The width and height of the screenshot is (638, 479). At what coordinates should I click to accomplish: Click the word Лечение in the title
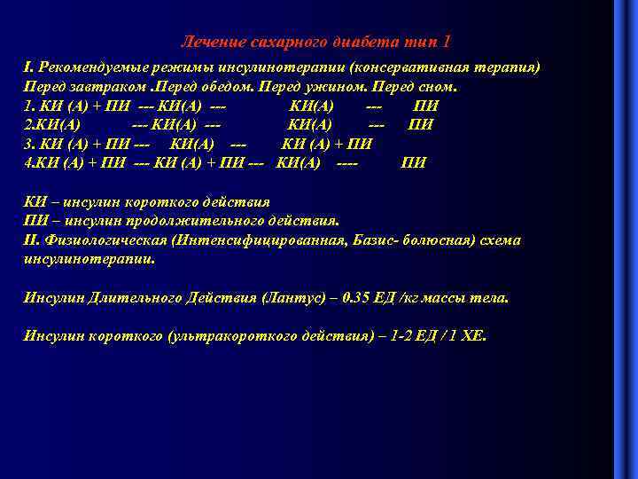click(207, 43)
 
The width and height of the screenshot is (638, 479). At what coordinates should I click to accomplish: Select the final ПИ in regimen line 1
click(426, 106)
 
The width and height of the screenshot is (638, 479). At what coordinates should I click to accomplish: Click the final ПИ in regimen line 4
click(414, 162)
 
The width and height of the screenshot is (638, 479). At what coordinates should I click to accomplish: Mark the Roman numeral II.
click(31, 240)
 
